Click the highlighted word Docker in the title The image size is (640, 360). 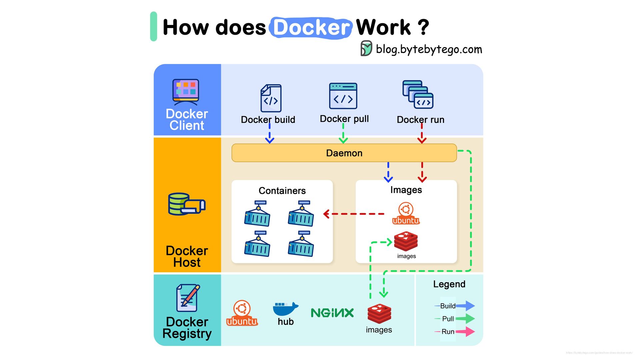tap(311, 27)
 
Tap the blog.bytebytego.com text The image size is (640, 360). tap(429, 49)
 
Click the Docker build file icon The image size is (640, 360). tap(271, 98)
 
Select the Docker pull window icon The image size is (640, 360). tap(343, 96)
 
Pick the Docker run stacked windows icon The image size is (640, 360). tap(418, 94)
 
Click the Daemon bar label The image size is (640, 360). tap(344, 153)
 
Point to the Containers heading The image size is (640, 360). tap(282, 191)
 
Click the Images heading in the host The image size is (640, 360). tap(406, 190)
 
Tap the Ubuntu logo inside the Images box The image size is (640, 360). tap(406, 213)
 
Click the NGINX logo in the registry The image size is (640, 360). tap(332, 313)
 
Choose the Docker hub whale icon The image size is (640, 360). tap(285, 309)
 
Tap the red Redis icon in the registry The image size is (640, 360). tap(379, 313)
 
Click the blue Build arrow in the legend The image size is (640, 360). tap(465, 306)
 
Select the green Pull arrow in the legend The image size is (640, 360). tap(465, 319)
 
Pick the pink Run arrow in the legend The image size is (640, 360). tap(465, 332)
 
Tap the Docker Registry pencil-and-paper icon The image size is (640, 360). tap(188, 298)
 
